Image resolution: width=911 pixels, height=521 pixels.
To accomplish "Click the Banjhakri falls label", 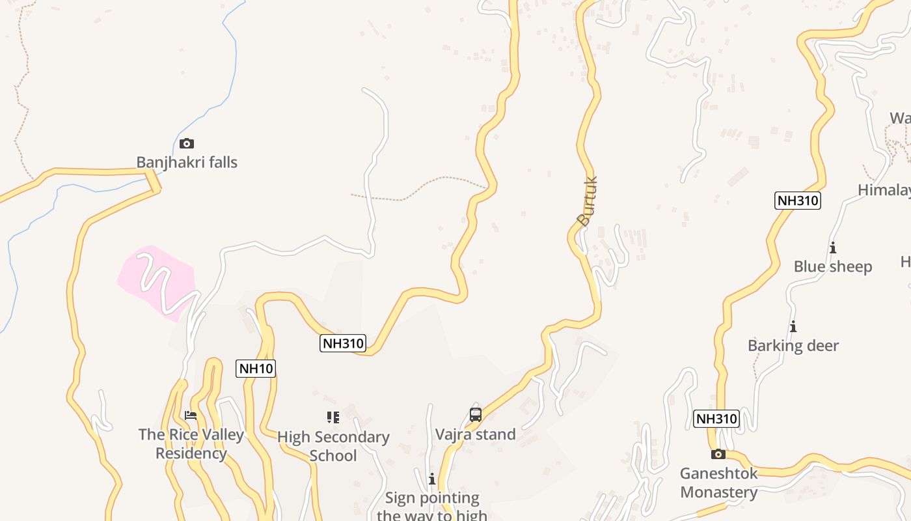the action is pyautogui.click(x=187, y=162).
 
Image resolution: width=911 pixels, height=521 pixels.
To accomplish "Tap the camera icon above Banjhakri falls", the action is pyautogui.click(x=187, y=143).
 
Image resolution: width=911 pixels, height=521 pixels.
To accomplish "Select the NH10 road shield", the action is pyautogui.click(x=256, y=369).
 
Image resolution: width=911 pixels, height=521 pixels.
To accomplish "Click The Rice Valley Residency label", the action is pyautogui.click(x=191, y=444).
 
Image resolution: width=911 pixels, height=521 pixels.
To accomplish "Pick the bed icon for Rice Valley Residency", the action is pyautogui.click(x=191, y=415).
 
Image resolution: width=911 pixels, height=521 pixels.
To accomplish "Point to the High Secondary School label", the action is pyautogui.click(x=333, y=445).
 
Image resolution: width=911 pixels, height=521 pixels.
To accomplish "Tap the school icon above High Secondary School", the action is pyautogui.click(x=333, y=417).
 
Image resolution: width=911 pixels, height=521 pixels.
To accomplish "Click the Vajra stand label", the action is pyautogui.click(x=475, y=434).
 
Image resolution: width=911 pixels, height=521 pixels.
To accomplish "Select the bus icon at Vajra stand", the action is pyautogui.click(x=476, y=415).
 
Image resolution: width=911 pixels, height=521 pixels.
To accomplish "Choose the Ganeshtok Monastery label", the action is pyautogui.click(x=719, y=483).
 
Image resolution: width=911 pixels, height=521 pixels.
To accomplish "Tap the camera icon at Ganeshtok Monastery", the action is pyautogui.click(x=718, y=454).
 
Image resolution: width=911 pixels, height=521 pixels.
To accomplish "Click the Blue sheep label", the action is pyautogui.click(x=833, y=266).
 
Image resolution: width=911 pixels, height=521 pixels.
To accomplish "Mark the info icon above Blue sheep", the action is pyautogui.click(x=833, y=247).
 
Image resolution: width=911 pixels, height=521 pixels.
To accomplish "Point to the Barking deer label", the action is pyautogui.click(x=793, y=346).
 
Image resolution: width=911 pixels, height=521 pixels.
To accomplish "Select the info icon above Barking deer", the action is pyautogui.click(x=793, y=326).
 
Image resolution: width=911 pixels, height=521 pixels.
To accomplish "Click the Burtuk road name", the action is pyautogui.click(x=587, y=201).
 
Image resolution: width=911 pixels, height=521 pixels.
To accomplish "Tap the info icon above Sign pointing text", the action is pyautogui.click(x=431, y=479).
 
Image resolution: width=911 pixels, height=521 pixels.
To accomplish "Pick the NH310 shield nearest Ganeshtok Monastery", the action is pyautogui.click(x=716, y=419).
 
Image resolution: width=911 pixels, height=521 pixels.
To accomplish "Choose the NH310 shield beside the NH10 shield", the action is pyautogui.click(x=343, y=343).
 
